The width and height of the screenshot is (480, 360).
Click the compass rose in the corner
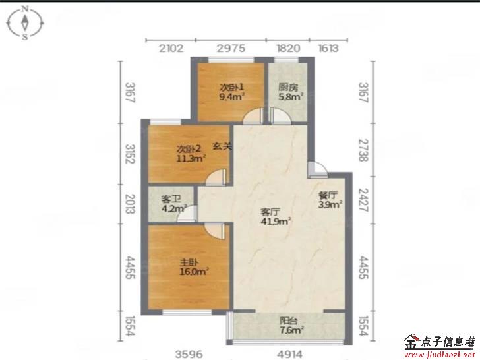25,23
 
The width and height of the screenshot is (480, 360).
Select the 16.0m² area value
194,271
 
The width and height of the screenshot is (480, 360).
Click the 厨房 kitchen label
288,87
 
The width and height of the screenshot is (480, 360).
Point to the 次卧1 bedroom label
231,87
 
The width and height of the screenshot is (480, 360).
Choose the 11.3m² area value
191,158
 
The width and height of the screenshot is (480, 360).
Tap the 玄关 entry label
222,146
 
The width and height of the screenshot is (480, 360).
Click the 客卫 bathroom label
171,200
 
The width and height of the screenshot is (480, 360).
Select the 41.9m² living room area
276,221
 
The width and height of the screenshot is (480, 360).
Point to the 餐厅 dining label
328,195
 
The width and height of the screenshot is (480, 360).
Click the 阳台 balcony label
288,321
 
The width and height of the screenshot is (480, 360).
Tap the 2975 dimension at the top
231,48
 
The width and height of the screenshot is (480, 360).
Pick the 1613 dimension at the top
328,48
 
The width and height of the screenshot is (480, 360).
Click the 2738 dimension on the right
364,150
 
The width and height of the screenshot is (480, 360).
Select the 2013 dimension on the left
130,204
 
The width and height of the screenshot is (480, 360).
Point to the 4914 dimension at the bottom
289,355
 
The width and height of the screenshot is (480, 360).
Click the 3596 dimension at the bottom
189,355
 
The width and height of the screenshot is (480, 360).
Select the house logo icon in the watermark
411,342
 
